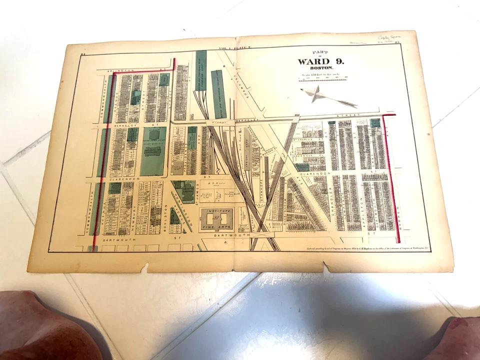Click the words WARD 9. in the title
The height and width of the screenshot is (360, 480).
click(320, 62)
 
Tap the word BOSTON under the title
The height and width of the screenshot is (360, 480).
click(320, 68)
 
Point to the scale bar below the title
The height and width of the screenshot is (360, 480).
click(322, 78)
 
